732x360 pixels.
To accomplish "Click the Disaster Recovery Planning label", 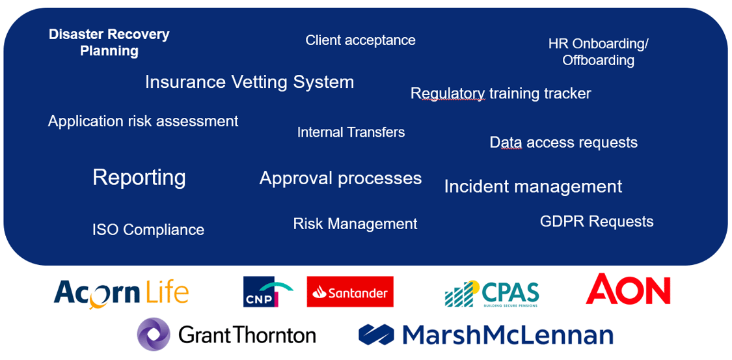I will [x=109, y=42].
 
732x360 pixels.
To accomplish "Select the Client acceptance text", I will [x=360, y=40].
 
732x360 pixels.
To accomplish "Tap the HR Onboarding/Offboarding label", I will [x=598, y=52].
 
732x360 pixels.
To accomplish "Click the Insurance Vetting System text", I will [x=249, y=82].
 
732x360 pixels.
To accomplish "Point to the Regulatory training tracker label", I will [x=500, y=94].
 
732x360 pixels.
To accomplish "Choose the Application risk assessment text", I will [x=143, y=121].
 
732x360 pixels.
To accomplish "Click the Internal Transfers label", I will [x=351, y=132].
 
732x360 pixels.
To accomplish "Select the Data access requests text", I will [x=563, y=143].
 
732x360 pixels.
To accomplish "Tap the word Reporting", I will [x=139, y=177].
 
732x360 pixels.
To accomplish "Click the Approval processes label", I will [x=340, y=178].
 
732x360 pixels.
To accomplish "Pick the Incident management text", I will [x=533, y=187].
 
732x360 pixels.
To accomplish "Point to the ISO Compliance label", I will [x=148, y=230].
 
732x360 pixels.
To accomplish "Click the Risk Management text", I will [x=355, y=224].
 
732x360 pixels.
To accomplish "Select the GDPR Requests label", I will [x=597, y=222].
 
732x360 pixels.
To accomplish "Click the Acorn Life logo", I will [x=121, y=293].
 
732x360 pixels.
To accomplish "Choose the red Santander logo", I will [x=350, y=292].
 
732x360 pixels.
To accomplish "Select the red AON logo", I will [x=628, y=289].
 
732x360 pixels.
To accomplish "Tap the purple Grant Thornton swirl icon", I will [x=154, y=335].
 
